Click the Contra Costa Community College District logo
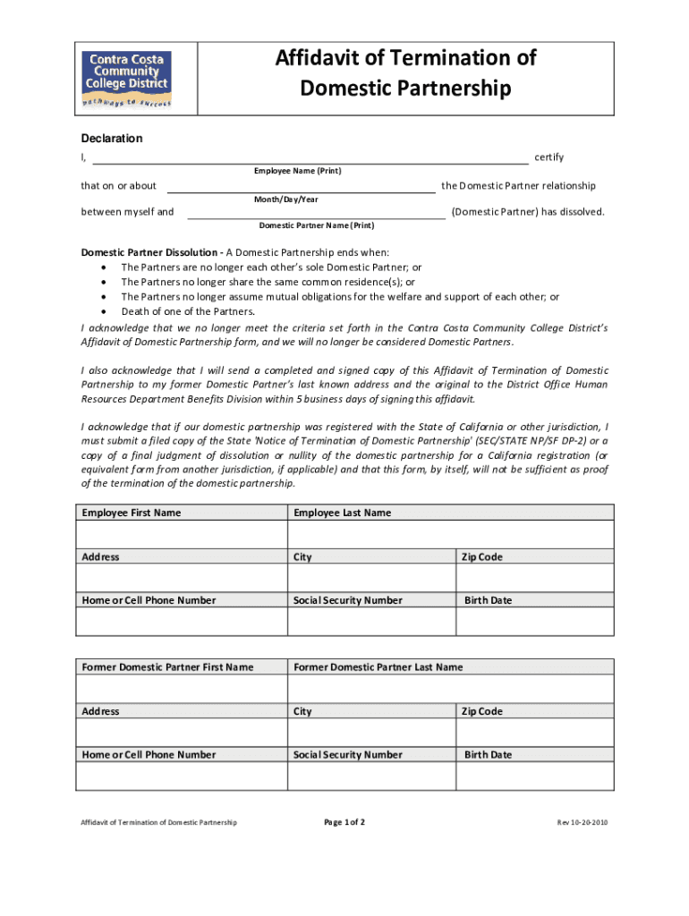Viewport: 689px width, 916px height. (x=126, y=79)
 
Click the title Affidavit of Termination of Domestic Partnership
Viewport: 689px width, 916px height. (x=404, y=73)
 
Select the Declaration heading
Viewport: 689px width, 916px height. (x=112, y=139)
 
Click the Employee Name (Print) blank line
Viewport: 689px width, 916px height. (x=310, y=159)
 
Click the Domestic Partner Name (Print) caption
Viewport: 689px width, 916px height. (x=316, y=225)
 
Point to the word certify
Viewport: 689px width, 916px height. (x=549, y=158)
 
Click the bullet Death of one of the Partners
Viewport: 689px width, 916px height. (x=187, y=311)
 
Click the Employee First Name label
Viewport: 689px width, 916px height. (x=131, y=513)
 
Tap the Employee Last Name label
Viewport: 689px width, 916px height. (x=342, y=513)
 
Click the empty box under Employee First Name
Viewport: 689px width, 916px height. (x=181, y=534)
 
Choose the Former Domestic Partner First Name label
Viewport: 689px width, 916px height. (x=167, y=667)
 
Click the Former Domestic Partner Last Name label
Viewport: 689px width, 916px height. (x=379, y=667)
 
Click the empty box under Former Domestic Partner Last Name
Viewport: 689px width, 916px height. (x=450, y=689)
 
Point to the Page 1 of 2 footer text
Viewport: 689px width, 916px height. (x=344, y=822)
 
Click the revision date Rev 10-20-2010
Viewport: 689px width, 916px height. (x=583, y=822)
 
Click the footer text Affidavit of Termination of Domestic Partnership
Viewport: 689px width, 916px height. (x=158, y=822)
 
